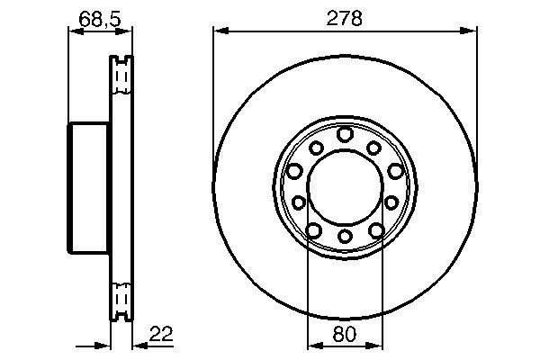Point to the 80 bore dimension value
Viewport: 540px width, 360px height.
[344, 333]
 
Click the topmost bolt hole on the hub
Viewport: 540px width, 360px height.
[346, 135]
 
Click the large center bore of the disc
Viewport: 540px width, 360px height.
[345, 187]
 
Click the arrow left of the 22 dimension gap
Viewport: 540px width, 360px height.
[104, 345]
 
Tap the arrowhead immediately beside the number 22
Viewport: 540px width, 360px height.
[138, 345]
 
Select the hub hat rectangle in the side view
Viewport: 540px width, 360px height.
[89, 188]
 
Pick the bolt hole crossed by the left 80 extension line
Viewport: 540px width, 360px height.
[314, 230]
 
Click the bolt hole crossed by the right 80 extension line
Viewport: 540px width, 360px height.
[375, 230]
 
